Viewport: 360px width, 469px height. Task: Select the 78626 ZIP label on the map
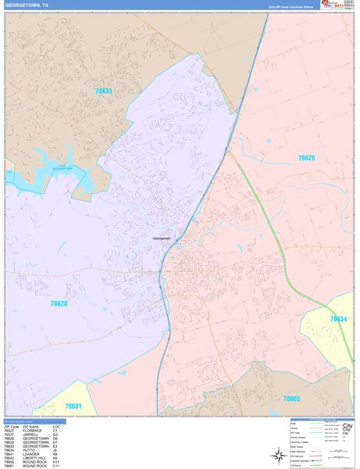point(306,158)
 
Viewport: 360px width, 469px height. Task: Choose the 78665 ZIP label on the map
point(291,399)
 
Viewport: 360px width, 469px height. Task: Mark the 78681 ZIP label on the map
point(73,406)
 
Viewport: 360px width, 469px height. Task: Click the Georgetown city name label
point(161,239)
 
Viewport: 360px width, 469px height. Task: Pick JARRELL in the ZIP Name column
point(33,434)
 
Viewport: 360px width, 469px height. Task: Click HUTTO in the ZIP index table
point(31,450)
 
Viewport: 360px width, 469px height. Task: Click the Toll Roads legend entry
point(294,461)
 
